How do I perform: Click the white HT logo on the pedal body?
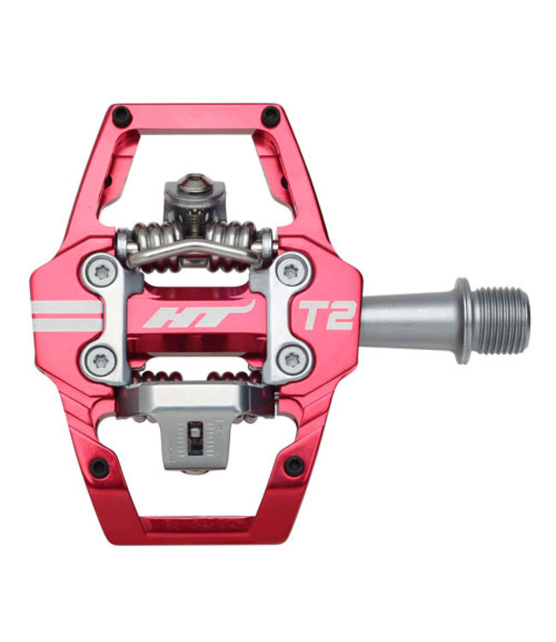[198, 314]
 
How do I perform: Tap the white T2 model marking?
[325, 314]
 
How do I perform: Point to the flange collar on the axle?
[463, 318]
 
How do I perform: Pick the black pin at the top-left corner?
[121, 114]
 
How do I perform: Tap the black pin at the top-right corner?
[270, 116]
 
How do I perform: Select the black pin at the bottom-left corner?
[99, 467]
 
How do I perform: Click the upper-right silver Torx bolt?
[293, 272]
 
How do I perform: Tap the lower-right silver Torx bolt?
[293, 360]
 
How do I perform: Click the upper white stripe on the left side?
[66, 306]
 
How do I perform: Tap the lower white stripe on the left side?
[66, 325]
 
